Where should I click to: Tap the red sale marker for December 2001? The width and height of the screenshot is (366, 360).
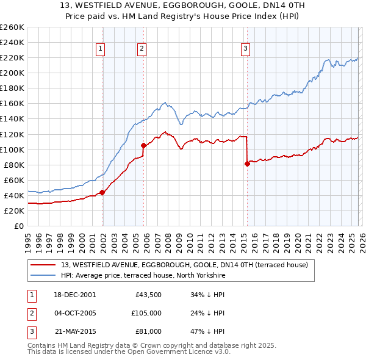(x=102, y=192)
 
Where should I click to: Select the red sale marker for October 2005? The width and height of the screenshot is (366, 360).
(x=143, y=145)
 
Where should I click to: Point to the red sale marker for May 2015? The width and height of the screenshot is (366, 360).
(x=247, y=164)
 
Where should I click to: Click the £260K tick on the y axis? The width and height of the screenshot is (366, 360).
(x=12, y=27)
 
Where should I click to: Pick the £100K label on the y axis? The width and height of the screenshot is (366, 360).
(x=12, y=149)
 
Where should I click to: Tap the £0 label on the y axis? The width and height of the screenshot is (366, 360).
(x=18, y=226)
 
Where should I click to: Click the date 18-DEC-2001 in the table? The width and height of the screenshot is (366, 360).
(x=75, y=295)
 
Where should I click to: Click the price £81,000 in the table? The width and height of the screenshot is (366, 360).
(x=149, y=331)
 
